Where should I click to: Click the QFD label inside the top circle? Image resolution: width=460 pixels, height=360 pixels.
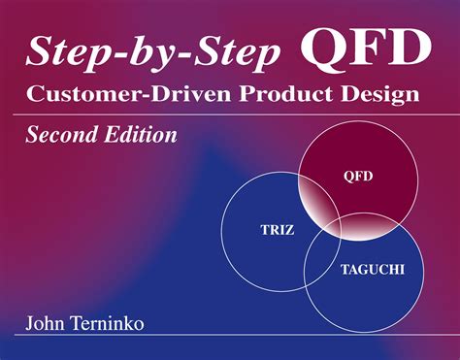[359, 178]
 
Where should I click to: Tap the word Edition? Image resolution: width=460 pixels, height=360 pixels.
[139, 136]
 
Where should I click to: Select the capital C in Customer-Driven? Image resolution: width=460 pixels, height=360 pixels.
[37, 96]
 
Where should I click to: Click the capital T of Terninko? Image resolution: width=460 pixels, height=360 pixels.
[81, 321]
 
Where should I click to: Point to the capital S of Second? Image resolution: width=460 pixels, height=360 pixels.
[32, 136]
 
